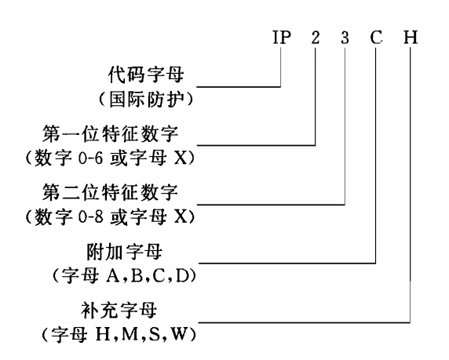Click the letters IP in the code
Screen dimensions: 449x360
[x=282, y=37]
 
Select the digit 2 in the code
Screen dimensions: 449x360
[x=316, y=37]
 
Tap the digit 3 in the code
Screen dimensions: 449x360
[x=345, y=37]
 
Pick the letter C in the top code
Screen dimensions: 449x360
[x=376, y=37]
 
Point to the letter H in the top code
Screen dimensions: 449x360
[x=411, y=37]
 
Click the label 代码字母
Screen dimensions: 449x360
[x=146, y=75]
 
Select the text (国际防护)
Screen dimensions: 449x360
[x=146, y=100]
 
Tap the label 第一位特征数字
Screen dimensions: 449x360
[x=110, y=133]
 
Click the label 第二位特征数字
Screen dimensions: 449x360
[x=110, y=193]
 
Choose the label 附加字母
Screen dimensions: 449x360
[x=124, y=252]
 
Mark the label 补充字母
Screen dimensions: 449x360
[x=119, y=311]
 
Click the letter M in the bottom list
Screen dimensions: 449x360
[x=131, y=334]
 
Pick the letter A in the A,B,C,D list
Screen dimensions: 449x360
[x=113, y=276]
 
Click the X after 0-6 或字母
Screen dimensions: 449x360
[x=181, y=158]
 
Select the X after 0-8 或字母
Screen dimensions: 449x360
[x=181, y=217]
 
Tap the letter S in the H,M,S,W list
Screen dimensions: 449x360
[x=155, y=334]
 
